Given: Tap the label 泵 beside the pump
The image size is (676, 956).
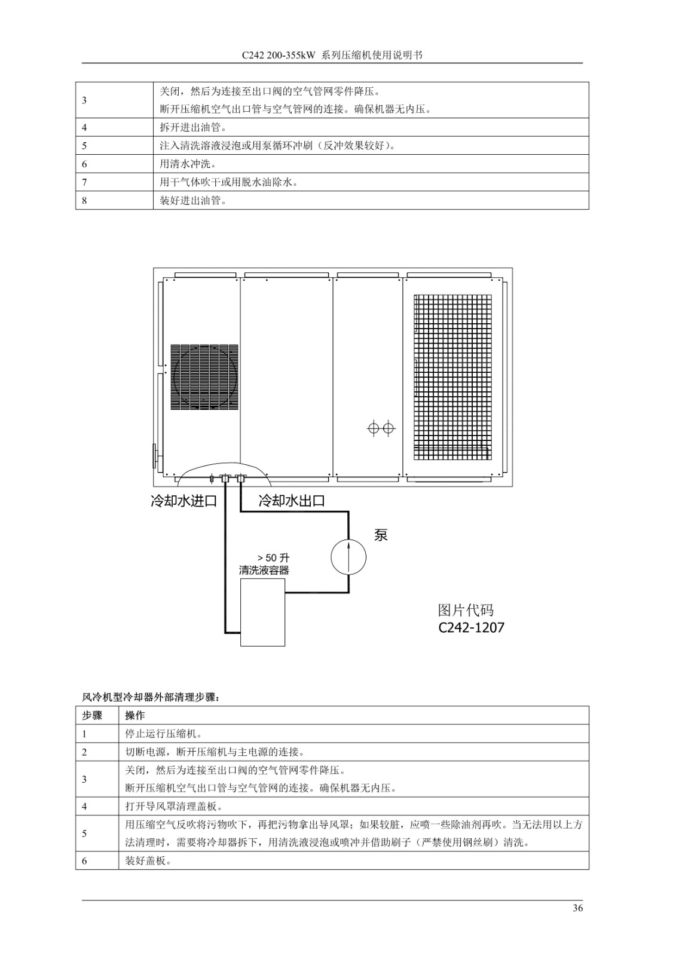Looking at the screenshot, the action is pyautogui.click(x=381, y=535).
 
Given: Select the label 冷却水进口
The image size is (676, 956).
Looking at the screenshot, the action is pyautogui.click(x=184, y=501).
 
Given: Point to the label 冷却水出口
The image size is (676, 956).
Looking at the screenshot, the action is pyautogui.click(x=292, y=501).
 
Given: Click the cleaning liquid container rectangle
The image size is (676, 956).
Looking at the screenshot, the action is pyautogui.click(x=262, y=612).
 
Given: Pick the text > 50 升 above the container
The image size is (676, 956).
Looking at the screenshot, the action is pyautogui.click(x=274, y=558).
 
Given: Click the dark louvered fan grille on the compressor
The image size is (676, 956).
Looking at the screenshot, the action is pyautogui.click(x=204, y=377).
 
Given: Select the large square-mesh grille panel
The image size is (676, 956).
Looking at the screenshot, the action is pyautogui.click(x=452, y=377).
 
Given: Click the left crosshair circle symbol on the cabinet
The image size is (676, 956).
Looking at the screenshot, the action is pyautogui.click(x=373, y=428).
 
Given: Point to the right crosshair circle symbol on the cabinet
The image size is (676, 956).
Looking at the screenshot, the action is pyautogui.click(x=388, y=428).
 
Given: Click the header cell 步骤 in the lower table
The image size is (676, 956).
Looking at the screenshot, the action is pyautogui.click(x=92, y=716).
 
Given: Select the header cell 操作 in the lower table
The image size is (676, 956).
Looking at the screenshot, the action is pyautogui.click(x=135, y=716).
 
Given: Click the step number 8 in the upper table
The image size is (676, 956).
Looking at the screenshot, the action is pyautogui.click(x=84, y=201).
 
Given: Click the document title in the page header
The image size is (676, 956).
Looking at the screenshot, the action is pyautogui.click(x=332, y=55).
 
